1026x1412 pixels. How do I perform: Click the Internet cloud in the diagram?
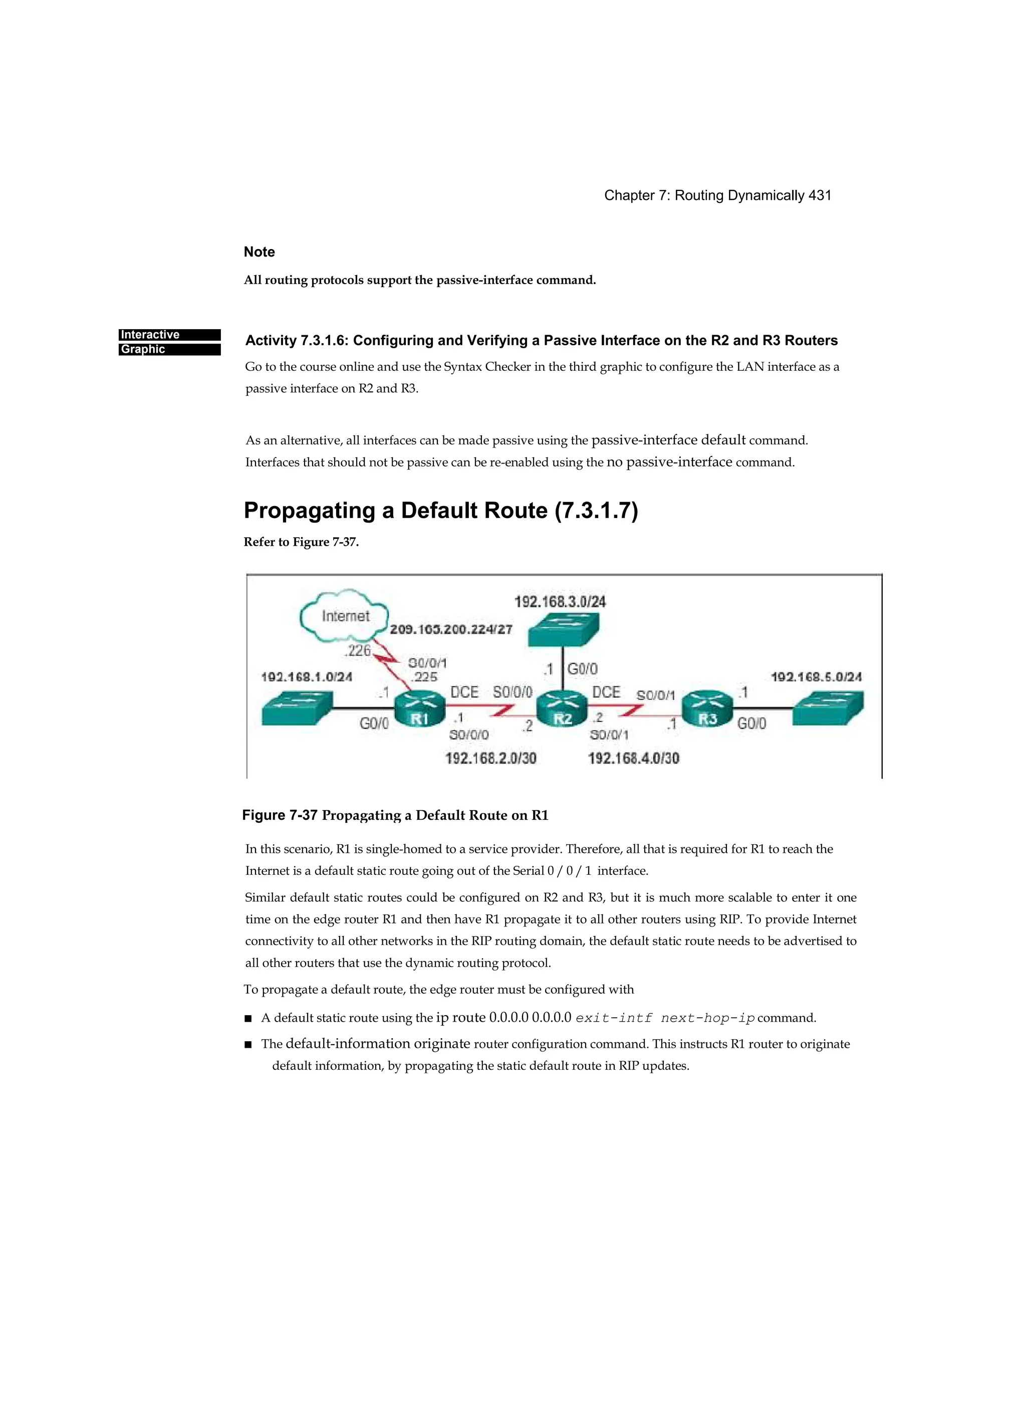click(x=344, y=616)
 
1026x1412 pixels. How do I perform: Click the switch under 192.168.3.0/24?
click(x=563, y=630)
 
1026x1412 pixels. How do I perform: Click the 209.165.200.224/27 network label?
click(x=451, y=629)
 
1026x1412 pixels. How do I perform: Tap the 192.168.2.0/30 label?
click(x=490, y=758)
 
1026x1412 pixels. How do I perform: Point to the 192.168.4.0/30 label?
click(x=634, y=758)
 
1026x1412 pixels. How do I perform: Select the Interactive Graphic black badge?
click(x=169, y=342)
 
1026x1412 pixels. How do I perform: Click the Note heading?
click(x=259, y=252)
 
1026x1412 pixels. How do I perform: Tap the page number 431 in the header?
click(x=819, y=195)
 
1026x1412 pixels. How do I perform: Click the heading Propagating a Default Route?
click(x=440, y=511)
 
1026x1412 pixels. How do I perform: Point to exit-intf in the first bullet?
click(x=614, y=1018)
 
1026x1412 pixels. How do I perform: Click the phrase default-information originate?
click(x=377, y=1044)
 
